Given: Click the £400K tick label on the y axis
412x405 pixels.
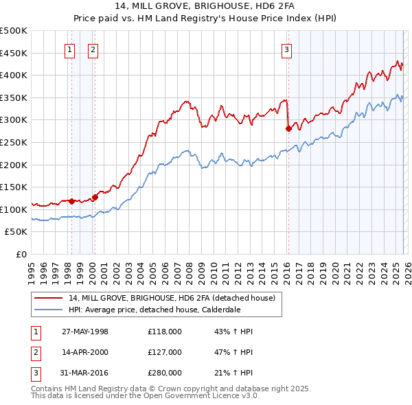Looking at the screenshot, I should tap(14, 75).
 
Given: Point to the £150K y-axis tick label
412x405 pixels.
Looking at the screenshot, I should tap(14, 187).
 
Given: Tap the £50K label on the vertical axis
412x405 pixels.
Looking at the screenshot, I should tap(16, 232).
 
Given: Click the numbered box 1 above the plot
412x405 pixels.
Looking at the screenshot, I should tap(71, 49).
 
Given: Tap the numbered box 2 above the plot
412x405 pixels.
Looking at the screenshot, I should tap(92, 49).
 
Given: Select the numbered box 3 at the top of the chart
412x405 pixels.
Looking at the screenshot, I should tap(286, 49).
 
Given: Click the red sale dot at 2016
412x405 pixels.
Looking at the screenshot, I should tap(288, 128).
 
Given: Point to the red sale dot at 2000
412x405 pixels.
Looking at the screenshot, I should tap(95, 197).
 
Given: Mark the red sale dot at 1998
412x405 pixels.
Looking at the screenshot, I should tap(72, 201).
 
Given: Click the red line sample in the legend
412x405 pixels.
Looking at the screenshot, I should tap(49, 298).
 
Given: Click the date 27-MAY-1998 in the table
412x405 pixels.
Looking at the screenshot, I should tap(85, 332).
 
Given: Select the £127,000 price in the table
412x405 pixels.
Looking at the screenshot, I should tap(165, 352).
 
